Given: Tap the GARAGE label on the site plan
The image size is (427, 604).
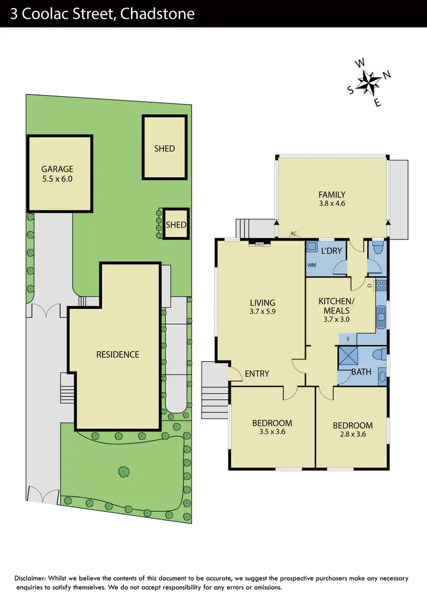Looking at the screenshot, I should click(57, 169).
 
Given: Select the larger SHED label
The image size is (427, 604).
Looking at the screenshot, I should click(164, 148).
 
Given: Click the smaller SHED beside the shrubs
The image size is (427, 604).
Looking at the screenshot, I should click(176, 225).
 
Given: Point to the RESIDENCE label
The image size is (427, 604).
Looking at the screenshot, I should click(117, 354).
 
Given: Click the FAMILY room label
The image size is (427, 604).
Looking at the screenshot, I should click(332, 195).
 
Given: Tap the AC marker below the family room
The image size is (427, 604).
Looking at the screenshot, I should click(294, 234).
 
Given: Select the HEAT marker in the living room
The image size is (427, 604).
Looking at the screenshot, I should click(259, 244).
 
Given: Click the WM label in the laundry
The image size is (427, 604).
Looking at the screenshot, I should click(311, 265).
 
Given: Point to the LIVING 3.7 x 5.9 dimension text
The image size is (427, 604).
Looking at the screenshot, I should click(262, 312).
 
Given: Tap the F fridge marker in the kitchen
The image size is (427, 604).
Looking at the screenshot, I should click(348, 339).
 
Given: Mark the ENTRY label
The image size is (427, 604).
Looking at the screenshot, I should click(257, 374).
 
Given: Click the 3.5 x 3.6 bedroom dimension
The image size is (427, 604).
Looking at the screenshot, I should click(272, 432).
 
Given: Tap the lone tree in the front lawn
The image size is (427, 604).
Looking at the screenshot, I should click(124, 471).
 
